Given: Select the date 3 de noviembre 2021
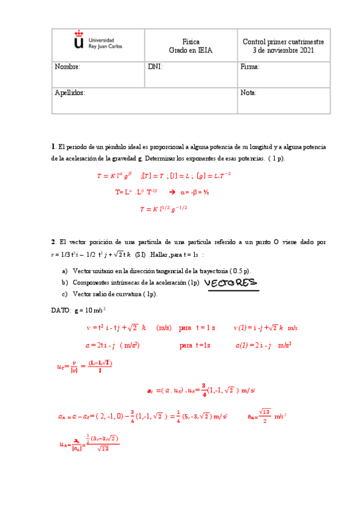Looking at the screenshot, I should click(x=283, y=51).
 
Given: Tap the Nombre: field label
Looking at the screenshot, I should click(x=67, y=67).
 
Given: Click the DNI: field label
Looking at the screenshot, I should click(x=155, y=67).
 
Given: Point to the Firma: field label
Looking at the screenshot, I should click(x=249, y=67).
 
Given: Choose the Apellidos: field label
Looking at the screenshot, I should click(x=70, y=93).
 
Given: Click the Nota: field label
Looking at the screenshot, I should click(x=248, y=93).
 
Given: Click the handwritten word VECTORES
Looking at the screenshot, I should click(x=230, y=283).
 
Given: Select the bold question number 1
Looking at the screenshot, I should click(x=53, y=147).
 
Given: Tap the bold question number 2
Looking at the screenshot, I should click(x=53, y=242).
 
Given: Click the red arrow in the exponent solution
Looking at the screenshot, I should click(x=171, y=192).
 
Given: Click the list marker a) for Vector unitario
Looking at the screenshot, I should click(x=65, y=271).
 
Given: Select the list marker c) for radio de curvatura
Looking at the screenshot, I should click(x=65, y=294).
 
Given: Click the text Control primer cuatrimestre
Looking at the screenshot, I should click(x=283, y=41).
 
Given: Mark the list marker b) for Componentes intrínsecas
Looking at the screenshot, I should click(x=65, y=283).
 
